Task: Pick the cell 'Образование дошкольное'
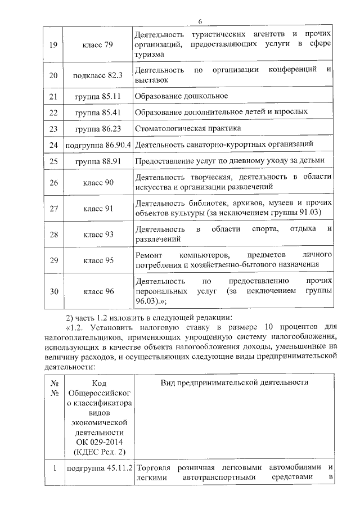pyautogui.click(x=181, y=96)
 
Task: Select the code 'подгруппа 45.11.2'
pyautogui.click(x=98, y=468)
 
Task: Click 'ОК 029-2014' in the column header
pyautogui.click(x=98, y=442)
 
